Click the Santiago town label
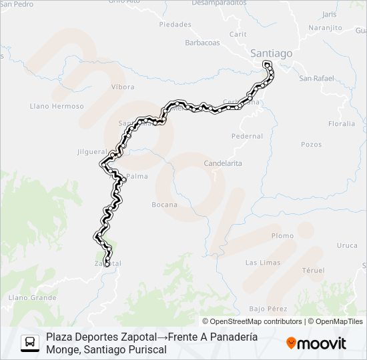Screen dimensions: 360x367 tap(271, 52)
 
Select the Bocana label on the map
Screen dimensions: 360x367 tap(165, 205)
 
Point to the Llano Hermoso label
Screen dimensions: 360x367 tap(57, 106)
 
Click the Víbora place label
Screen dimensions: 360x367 tap(123, 87)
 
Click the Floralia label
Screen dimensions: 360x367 tap(342, 124)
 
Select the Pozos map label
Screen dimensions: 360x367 tap(311, 144)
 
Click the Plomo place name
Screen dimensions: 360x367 tap(282, 235)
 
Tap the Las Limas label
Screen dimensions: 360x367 tap(263, 263)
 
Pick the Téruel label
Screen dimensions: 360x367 tap(313, 270)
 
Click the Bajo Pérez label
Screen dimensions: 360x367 tap(268, 309)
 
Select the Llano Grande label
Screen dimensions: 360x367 tap(33, 297)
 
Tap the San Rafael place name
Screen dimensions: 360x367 tap(316, 78)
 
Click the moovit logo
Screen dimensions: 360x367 tap(316, 343)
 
